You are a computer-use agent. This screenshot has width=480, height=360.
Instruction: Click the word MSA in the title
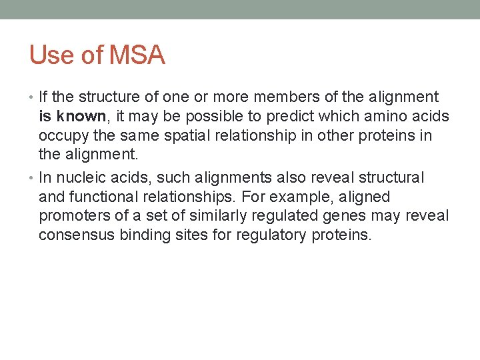point(137,55)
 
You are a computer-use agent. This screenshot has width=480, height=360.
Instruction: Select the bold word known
point(81,117)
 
